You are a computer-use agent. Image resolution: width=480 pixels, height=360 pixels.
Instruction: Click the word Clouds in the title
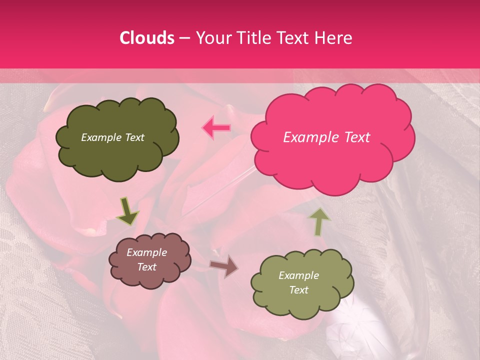click(147, 38)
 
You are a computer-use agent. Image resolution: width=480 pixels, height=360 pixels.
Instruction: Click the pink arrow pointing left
click(216, 128)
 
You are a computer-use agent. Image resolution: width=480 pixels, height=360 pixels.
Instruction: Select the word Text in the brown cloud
click(147, 267)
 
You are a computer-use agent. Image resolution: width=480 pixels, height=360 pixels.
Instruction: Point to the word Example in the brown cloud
click(147, 253)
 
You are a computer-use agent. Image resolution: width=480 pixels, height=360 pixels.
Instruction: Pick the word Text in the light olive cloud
click(298, 290)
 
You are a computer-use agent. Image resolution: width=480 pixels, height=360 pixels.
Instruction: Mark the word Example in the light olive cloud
click(298, 275)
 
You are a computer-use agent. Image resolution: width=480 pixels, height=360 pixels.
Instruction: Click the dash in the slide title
click(183, 38)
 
